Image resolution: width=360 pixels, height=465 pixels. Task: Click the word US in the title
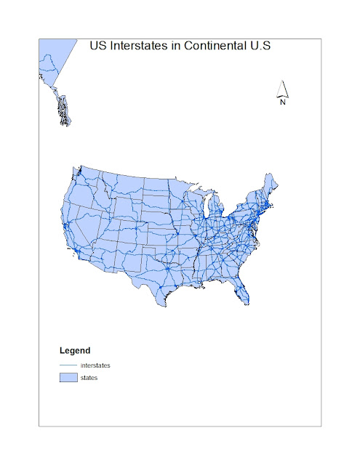[x=97, y=46]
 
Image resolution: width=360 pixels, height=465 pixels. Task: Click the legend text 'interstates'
[x=96, y=365]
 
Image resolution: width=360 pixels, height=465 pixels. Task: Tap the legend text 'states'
[x=89, y=378]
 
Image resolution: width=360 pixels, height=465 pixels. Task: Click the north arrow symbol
[x=284, y=90]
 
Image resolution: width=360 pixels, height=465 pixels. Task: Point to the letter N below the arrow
[x=284, y=102]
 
